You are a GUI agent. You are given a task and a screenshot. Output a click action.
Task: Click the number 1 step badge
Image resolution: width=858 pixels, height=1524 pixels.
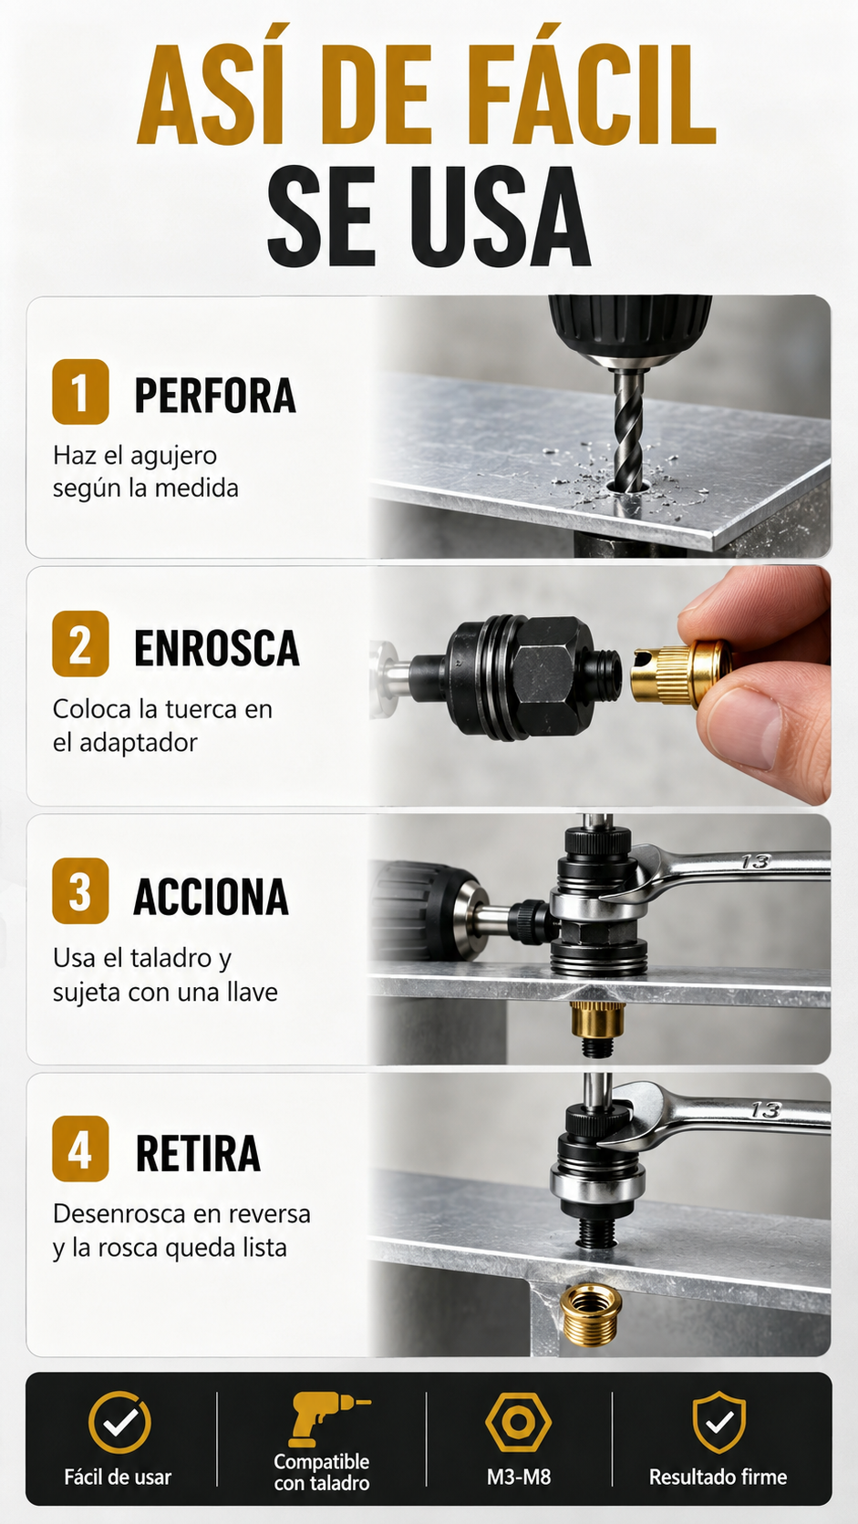click(80, 392)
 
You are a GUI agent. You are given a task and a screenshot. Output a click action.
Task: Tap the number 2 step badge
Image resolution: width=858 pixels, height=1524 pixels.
click(80, 644)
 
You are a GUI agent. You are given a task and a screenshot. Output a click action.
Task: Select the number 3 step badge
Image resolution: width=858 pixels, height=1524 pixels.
click(80, 891)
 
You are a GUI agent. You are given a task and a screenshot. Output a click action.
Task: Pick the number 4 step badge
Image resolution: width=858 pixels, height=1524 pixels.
click(80, 1149)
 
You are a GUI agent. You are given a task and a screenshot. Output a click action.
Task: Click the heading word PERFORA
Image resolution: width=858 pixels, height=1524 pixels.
click(215, 395)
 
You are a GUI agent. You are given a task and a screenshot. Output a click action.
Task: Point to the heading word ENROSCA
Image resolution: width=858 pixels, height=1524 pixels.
click(216, 647)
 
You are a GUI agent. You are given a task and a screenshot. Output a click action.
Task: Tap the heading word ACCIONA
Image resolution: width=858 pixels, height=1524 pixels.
click(211, 897)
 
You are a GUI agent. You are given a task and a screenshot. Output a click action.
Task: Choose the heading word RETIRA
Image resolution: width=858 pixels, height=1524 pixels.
click(198, 1153)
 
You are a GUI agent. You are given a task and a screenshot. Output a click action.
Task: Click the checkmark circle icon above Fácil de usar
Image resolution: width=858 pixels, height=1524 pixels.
click(119, 1423)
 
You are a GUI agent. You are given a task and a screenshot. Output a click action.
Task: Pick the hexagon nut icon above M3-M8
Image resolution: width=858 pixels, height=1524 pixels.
click(519, 1423)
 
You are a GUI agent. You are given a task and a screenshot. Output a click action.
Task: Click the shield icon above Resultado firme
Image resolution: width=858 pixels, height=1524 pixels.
click(718, 1422)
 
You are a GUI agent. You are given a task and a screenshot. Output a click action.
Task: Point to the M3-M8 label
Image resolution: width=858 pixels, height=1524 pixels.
click(519, 1477)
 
